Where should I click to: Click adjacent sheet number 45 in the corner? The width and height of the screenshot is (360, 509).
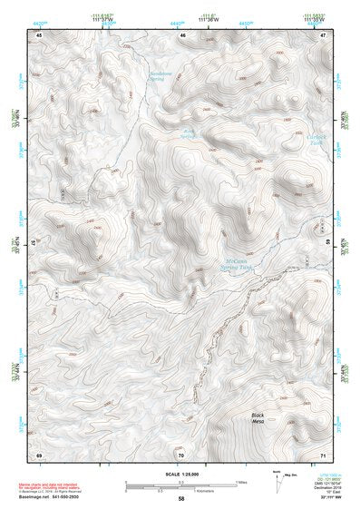[x=38, y=34]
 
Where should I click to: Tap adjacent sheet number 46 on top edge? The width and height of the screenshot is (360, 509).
[x=182, y=34]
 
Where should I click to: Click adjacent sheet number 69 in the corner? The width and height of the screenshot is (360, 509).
[x=38, y=453]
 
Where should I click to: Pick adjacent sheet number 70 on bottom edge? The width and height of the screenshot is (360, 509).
[x=181, y=453]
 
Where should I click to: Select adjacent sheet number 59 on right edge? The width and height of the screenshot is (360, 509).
[x=326, y=243]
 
